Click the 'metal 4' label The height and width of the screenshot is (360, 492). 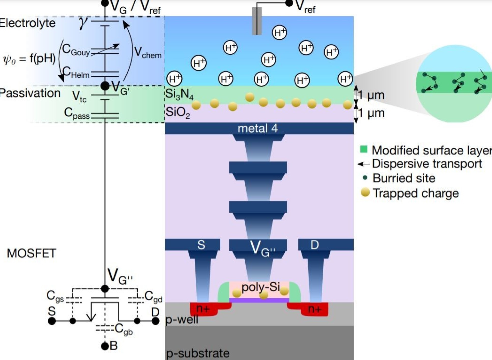pyautogui.click(x=257, y=129)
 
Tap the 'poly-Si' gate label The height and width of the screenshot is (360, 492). pyautogui.click(x=261, y=287)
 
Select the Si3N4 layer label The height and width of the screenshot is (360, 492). pyautogui.click(x=179, y=94)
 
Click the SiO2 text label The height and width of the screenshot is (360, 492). pyautogui.click(x=178, y=112)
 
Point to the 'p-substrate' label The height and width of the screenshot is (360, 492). pyautogui.click(x=198, y=353)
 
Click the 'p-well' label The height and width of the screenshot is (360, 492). pyautogui.click(x=182, y=319)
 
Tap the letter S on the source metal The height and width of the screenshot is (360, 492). pyautogui.click(x=201, y=245)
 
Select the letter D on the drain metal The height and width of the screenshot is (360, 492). pyautogui.click(x=314, y=245)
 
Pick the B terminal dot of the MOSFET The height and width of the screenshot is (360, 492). pyautogui.click(x=105, y=346)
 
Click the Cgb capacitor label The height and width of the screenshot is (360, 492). pyautogui.click(x=124, y=329)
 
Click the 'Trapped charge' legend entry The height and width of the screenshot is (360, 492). pyautogui.click(x=415, y=193)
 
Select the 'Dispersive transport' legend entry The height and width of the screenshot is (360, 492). pyautogui.click(x=427, y=164)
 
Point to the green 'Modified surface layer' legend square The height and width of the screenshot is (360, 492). pyautogui.click(x=364, y=149)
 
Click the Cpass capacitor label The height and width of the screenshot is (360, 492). pyautogui.click(x=77, y=113)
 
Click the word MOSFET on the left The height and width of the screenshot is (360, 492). pyautogui.click(x=31, y=253)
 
